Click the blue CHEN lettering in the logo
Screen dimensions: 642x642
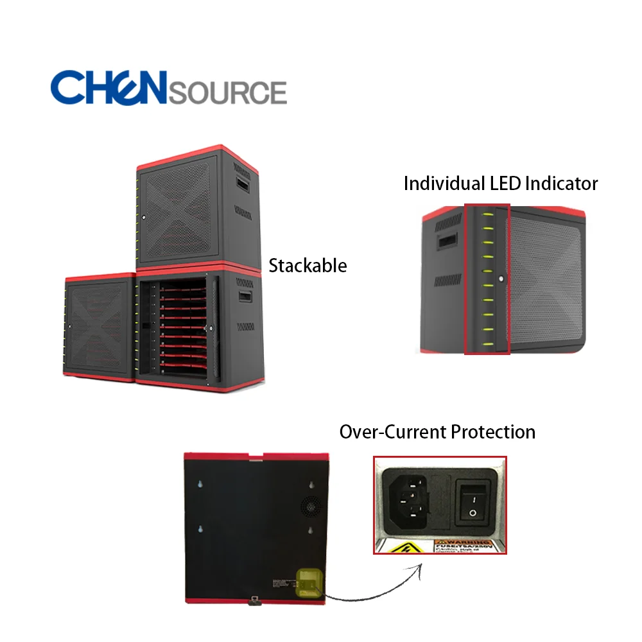tap(108, 87)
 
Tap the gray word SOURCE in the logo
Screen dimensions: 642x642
tap(227, 92)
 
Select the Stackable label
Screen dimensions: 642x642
tap(308, 265)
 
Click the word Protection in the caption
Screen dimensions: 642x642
tap(493, 431)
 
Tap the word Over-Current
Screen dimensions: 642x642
tap(392, 431)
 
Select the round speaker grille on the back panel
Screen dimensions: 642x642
tap(311, 507)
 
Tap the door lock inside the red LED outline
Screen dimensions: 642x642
tap(500, 280)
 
